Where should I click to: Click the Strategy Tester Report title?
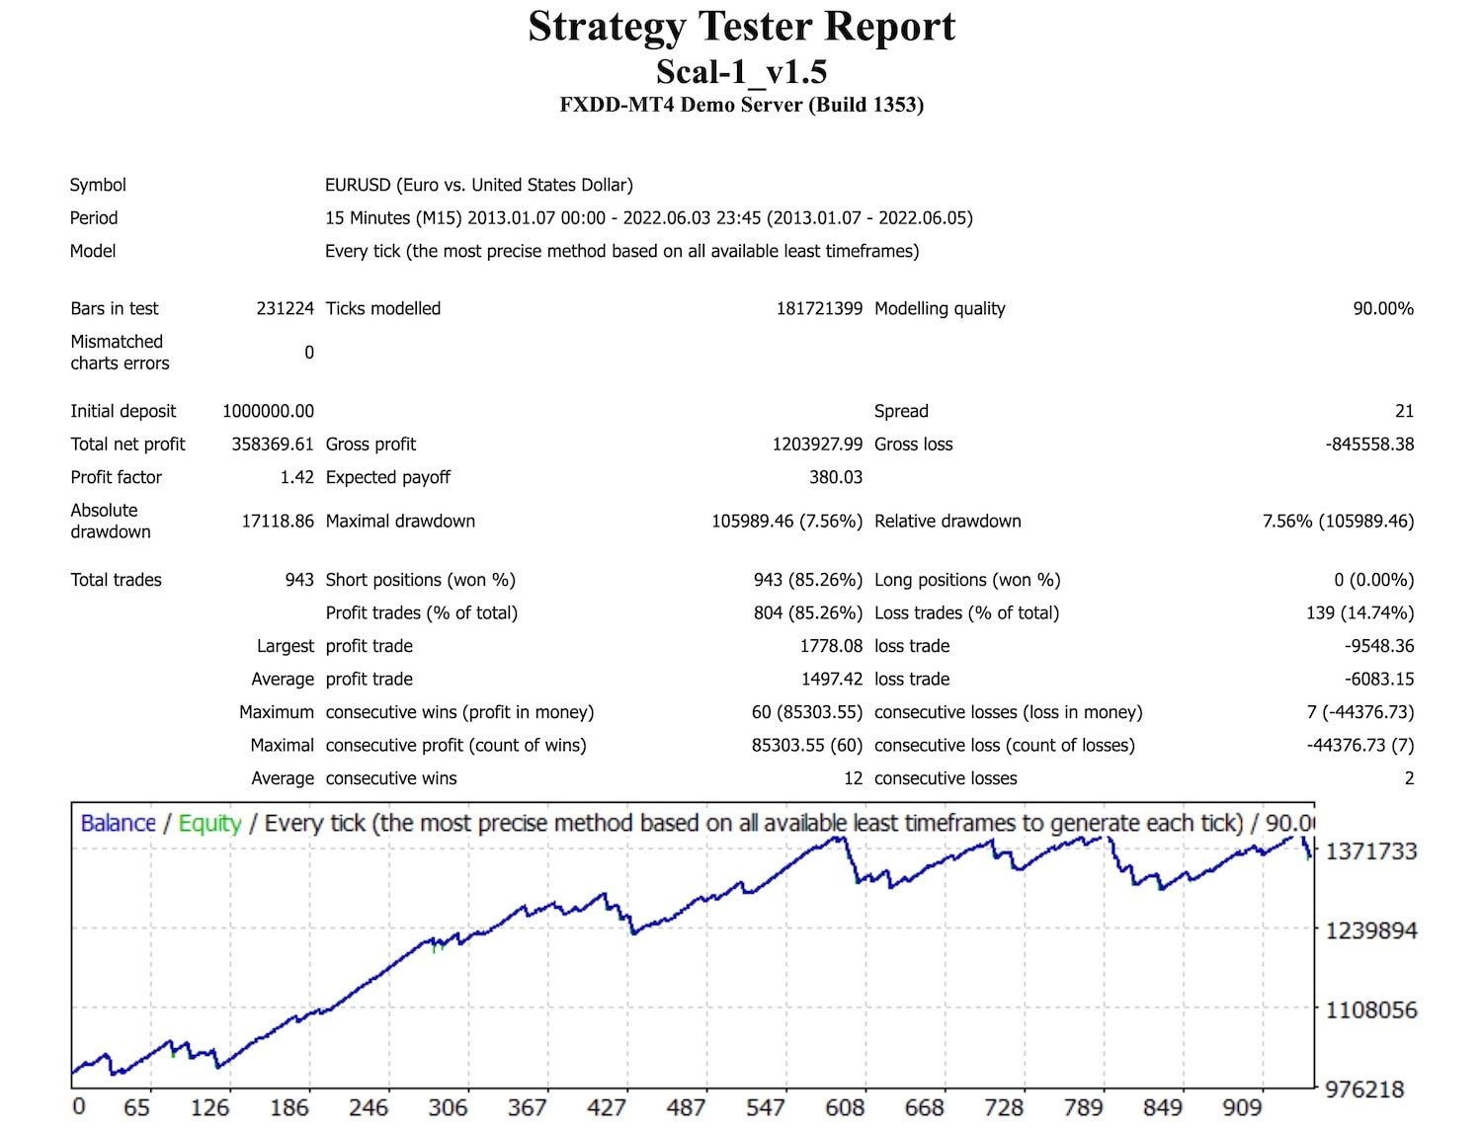click(x=741, y=27)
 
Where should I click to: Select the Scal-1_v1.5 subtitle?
click(x=741, y=72)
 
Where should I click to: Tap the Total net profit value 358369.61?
click(x=272, y=444)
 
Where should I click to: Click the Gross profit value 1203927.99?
click(x=817, y=444)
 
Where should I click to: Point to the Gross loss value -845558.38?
click(x=1369, y=444)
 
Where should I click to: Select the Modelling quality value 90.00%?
click(x=1383, y=308)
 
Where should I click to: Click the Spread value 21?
click(x=1404, y=411)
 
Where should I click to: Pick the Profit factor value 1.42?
click(x=296, y=477)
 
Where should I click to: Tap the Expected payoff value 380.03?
click(x=836, y=477)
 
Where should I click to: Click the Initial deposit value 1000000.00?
click(x=268, y=411)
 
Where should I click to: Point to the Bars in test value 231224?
click(x=285, y=308)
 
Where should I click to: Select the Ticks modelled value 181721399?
click(x=819, y=308)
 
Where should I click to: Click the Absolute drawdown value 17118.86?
click(x=278, y=521)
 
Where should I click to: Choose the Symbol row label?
click(x=98, y=185)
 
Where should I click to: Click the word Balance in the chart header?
click(x=118, y=823)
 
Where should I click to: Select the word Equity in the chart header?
click(x=209, y=823)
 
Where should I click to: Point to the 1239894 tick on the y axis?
click(x=1370, y=930)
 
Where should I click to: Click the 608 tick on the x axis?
click(x=845, y=1107)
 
